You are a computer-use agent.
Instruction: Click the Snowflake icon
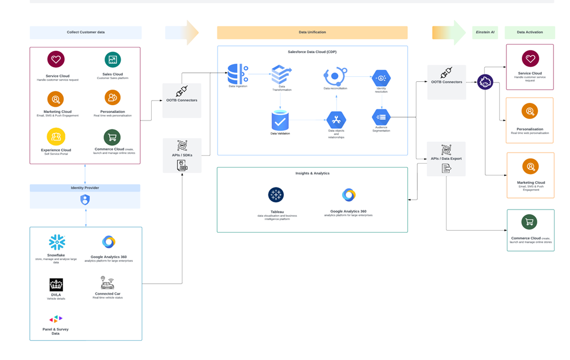(56, 242)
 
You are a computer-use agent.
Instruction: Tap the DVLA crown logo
(56, 285)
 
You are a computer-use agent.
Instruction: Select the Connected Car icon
(107, 283)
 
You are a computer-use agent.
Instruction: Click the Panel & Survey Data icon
(56, 319)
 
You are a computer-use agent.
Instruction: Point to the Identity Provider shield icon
(85, 200)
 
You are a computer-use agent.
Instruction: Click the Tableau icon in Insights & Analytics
(276, 195)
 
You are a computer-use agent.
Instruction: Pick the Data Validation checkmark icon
(280, 121)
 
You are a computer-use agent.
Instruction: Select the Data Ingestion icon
(238, 74)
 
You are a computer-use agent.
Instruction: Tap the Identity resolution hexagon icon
(381, 78)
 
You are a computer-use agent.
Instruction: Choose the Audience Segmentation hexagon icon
(381, 117)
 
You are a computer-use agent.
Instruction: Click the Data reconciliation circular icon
(335, 76)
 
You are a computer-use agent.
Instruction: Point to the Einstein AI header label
(485, 32)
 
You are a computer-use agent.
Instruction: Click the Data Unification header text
(312, 32)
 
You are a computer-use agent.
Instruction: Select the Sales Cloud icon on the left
(112, 60)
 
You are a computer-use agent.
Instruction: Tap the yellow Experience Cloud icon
(56, 136)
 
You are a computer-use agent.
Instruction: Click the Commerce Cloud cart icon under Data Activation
(530, 222)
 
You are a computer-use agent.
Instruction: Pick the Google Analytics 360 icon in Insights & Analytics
(349, 195)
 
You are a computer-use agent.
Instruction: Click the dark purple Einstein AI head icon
(485, 82)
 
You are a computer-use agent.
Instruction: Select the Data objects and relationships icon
(336, 119)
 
